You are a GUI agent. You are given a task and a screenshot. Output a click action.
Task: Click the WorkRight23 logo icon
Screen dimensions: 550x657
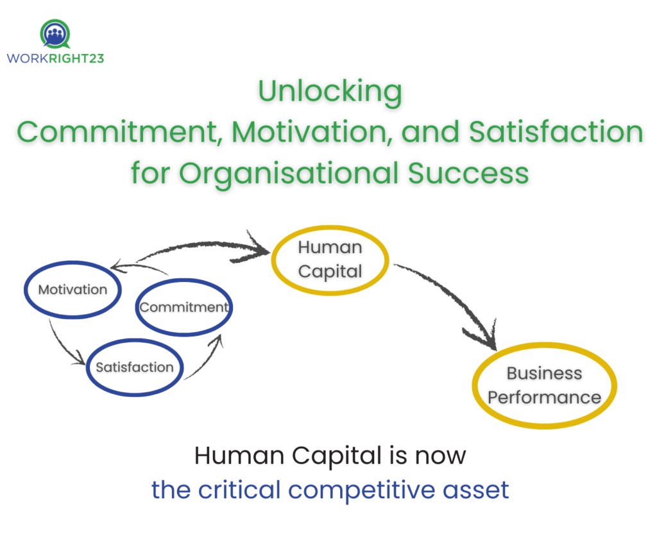pyautogui.click(x=55, y=34)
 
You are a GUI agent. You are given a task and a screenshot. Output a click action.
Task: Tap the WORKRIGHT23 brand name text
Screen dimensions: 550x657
pyautogui.click(x=55, y=58)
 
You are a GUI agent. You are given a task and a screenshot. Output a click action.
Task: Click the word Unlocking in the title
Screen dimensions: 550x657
pyautogui.click(x=330, y=92)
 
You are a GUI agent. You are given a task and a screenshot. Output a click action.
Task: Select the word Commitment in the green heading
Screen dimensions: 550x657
pyautogui.click(x=120, y=132)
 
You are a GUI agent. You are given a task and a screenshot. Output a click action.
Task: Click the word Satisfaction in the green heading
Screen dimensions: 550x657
pyautogui.click(x=556, y=132)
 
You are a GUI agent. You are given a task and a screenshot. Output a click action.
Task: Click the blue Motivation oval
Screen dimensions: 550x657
pyautogui.click(x=73, y=290)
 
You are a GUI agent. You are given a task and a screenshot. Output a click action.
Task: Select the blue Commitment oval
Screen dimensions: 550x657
pyautogui.click(x=184, y=308)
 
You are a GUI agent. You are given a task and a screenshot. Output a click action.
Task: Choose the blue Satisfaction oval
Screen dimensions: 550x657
pyautogui.click(x=135, y=367)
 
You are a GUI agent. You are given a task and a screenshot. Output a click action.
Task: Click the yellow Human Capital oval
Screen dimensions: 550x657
pyautogui.click(x=330, y=259)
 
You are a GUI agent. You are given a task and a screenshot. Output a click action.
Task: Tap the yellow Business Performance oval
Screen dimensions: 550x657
pyautogui.click(x=544, y=385)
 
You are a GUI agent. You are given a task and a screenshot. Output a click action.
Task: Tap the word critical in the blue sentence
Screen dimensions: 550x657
pyautogui.click(x=241, y=490)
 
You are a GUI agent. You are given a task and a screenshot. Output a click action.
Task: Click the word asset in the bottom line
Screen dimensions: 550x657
pyautogui.click(x=479, y=490)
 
